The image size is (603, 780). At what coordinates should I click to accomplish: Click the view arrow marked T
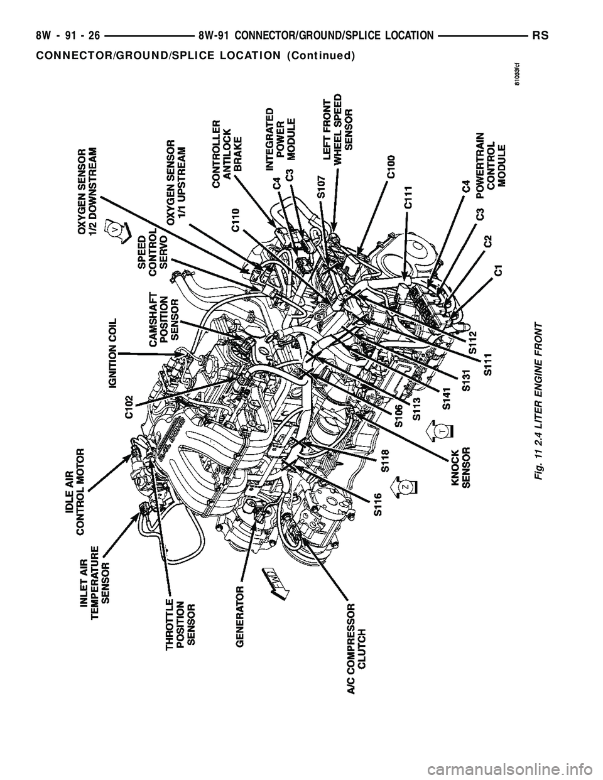[x=441, y=431]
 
